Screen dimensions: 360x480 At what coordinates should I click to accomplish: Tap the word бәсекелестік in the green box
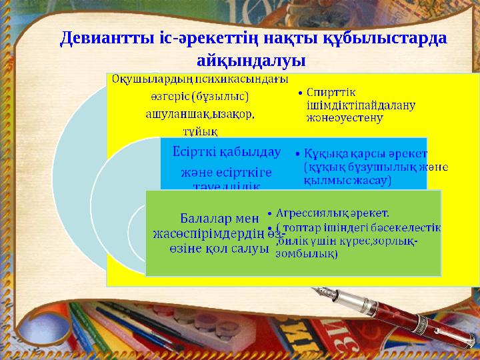[x=407, y=227]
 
